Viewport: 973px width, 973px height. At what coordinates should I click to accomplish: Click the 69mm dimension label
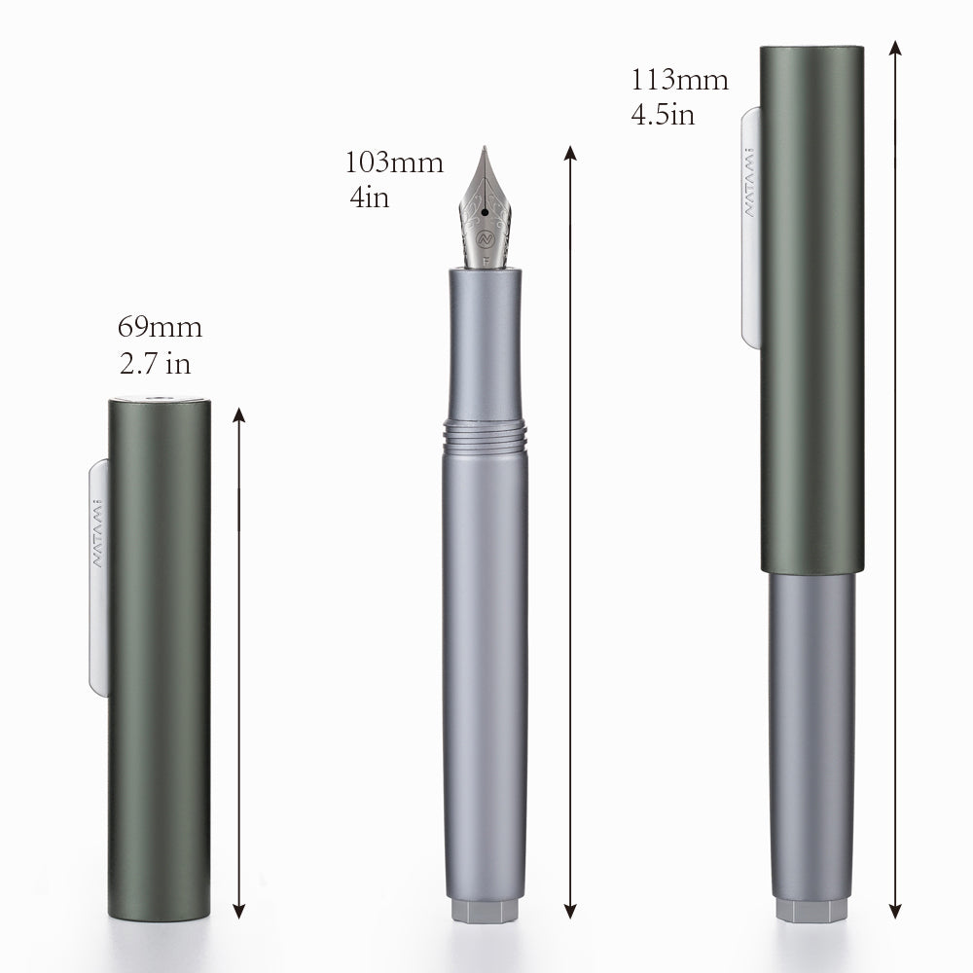point(159,326)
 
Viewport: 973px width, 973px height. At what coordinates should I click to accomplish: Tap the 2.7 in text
point(154,365)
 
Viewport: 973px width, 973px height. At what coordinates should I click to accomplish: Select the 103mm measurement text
point(393,162)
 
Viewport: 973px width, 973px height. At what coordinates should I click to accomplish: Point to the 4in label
point(370,198)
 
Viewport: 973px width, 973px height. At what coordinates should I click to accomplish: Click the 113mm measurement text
point(679,80)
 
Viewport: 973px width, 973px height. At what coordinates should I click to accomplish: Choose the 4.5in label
point(662,115)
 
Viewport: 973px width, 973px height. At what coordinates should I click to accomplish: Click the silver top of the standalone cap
point(159,398)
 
